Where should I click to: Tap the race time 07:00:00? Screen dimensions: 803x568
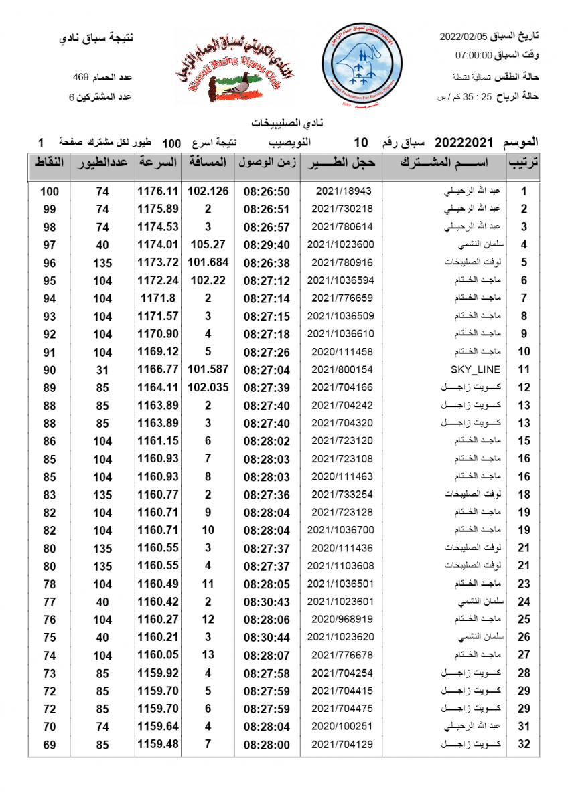pyautogui.click(x=474, y=56)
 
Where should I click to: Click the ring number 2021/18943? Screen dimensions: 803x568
pyautogui.click(x=342, y=191)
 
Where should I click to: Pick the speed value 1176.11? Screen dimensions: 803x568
pyautogui.click(x=158, y=191)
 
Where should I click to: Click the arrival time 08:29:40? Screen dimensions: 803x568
pyautogui.click(x=267, y=245)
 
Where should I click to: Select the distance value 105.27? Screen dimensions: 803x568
pyautogui.click(x=208, y=245)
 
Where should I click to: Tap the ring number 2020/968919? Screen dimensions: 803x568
pyautogui.click(x=342, y=619)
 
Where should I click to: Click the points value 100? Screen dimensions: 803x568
pyautogui.click(x=50, y=191)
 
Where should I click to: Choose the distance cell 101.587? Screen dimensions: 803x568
pyautogui.click(x=208, y=369)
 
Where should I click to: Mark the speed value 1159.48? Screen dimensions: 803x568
pyautogui.click(x=158, y=744)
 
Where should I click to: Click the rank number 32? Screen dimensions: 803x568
pyautogui.click(x=524, y=744)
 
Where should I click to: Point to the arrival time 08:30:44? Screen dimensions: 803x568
pyautogui.click(x=267, y=637)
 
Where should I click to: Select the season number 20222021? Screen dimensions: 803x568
pyautogui.click(x=464, y=143)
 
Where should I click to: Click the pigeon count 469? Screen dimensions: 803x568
pyautogui.click(x=81, y=78)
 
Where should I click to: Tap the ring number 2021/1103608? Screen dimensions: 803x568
pyautogui.click(x=342, y=565)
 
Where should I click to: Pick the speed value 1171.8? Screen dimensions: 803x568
pyautogui.click(x=158, y=298)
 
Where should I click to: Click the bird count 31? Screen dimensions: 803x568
pyautogui.click(x=102, y=369)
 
